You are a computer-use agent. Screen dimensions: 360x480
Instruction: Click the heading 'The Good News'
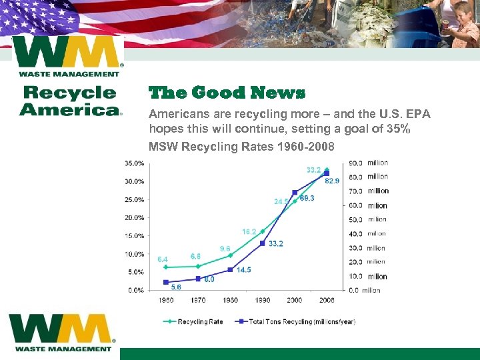227,93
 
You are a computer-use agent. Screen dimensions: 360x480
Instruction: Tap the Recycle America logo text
70,101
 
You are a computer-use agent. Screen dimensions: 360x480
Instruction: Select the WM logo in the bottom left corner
62,332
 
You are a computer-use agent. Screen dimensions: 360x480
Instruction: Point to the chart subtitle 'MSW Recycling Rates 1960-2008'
241,146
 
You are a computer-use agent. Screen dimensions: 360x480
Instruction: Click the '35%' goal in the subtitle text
397,129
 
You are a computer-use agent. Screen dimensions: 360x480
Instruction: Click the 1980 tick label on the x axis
230,300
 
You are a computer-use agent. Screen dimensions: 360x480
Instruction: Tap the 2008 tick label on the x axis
327,300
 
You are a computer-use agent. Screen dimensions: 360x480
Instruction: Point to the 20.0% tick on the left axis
135,217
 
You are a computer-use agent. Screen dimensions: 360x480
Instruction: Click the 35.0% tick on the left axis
135,163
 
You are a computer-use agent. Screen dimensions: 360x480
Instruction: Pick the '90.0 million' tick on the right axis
368,163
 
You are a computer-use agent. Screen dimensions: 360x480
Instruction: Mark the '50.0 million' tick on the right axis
368,219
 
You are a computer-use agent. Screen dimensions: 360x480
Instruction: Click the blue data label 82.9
333,181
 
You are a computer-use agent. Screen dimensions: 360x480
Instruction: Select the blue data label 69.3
307,198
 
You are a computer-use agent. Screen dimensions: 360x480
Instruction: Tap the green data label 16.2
249,231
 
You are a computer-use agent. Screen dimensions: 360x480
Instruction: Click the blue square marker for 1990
263,243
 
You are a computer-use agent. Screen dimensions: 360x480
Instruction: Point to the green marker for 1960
166,267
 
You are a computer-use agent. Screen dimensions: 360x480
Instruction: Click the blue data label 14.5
243,270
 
